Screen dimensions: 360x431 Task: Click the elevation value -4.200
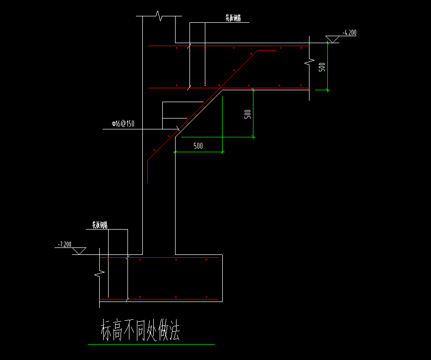tap(349, 33)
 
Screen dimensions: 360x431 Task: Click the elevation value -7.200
tap(64, 244)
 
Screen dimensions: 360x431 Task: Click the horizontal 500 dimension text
tap(198, 146)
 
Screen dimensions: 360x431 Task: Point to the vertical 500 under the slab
tap(248, 114)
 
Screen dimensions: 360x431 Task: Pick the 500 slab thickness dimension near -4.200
tap(322, 67)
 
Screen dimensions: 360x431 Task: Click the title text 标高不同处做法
tap(140, 330)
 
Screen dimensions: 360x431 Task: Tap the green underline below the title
tap(151, 344)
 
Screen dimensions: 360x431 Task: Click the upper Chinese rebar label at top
tap(233, 18)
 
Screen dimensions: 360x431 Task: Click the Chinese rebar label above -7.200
tap(100, 225)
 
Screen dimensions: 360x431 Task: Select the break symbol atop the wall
tap(159, 16)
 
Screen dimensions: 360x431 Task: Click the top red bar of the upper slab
tap(228, 46)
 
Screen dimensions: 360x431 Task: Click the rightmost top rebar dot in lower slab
tap(207, 259)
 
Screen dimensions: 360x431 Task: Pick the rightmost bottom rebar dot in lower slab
tap(207, 297)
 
